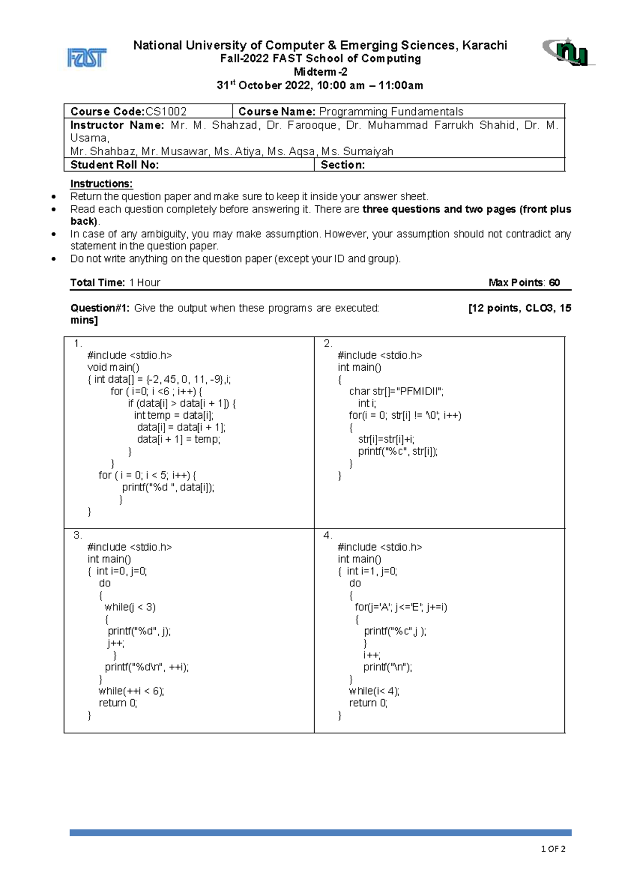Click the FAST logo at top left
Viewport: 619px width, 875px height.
tap(87, 58)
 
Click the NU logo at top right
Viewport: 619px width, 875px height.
tap(568, 52)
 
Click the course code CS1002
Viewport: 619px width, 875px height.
tap(166, 111)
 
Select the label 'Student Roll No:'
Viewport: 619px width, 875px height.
tap(115, 164)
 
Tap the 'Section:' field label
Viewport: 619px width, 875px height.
tap(343, 164)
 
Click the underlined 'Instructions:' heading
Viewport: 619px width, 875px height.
tap(102, 184)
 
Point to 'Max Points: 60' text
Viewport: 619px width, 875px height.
tap(524, 283)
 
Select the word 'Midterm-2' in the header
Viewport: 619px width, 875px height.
tap(320, 72)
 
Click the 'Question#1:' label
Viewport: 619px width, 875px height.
tap(100, 308)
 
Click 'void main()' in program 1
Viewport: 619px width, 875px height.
tap(113, 367)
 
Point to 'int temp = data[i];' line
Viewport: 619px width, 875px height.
tap(173, 415)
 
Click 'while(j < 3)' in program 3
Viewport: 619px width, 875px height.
tap(130, 607)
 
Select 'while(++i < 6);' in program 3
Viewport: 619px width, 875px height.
tap(131, 691)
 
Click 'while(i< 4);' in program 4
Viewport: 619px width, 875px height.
tap(374, 691)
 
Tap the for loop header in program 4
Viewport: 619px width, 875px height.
tap(401, 607)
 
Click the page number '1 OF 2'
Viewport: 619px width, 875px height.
tap(553, 849)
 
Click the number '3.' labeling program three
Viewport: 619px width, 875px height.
tap(77, 535)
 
